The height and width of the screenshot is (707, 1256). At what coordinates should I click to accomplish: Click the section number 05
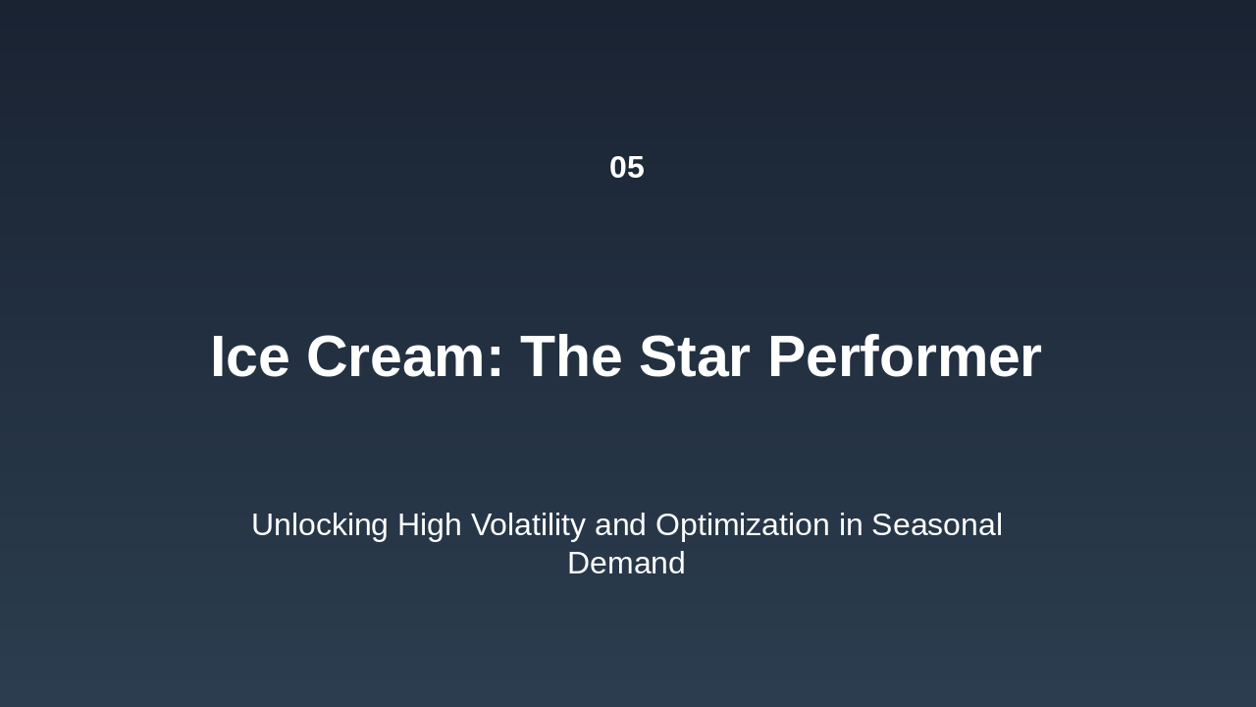click(627, 167)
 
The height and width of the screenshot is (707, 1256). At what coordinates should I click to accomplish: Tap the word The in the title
click(571, 356)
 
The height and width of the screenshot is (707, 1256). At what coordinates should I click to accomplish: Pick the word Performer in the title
click(904, 356)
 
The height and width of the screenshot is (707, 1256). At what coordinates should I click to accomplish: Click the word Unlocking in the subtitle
click(319, 525)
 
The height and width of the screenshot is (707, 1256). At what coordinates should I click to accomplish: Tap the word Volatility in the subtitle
click(528, 525)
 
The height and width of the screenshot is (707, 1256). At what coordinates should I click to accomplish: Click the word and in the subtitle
click(620, 525)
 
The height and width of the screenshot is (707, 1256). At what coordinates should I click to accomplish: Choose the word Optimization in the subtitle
click(742, 525)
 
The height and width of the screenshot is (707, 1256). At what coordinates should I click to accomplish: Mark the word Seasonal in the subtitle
click(936, 525)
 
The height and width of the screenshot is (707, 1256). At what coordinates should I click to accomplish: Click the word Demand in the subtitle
click(626, 564)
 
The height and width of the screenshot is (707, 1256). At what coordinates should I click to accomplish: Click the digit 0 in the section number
click(618, 167)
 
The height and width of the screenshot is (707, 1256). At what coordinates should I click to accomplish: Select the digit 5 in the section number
click(636, 167)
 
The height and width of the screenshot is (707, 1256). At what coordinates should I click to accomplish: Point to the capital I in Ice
click(218, 356)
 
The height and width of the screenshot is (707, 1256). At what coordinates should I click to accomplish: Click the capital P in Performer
click(787, 356)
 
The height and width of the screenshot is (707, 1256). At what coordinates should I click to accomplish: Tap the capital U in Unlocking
click(262, 525)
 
